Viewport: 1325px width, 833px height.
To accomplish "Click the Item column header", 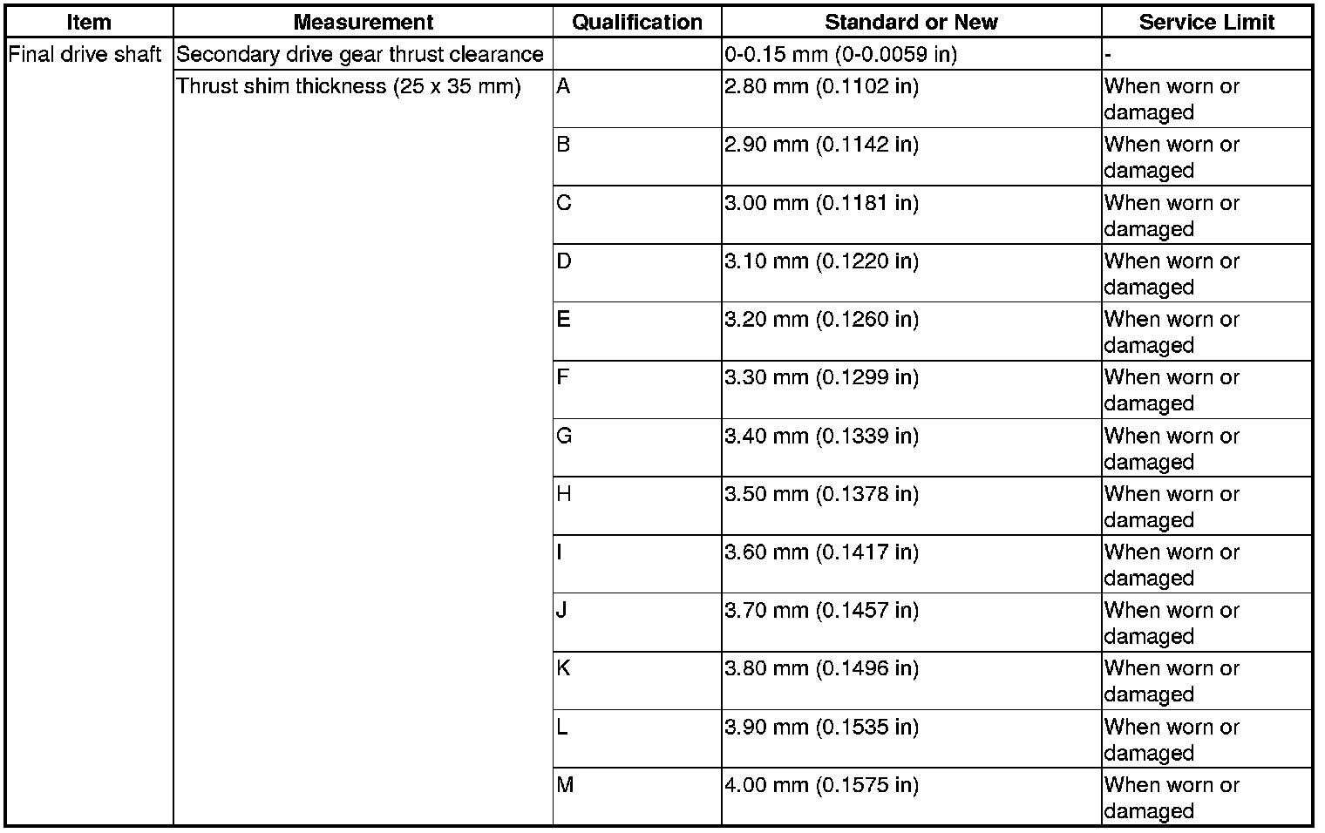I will (x=88, y=23).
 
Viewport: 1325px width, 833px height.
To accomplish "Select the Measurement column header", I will (x=363, y=23).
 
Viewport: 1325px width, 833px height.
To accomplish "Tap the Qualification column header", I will (x=636, y=23).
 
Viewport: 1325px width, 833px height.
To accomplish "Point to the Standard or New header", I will (x=911, y=23).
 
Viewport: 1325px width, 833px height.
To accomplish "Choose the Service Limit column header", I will (x=1206, y=23).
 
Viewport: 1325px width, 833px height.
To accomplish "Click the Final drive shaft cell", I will (x=85, y=55).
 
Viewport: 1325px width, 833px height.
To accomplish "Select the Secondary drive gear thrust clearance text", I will (x=360, y=55).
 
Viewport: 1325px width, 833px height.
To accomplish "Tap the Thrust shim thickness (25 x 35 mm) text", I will (x=349, y=87).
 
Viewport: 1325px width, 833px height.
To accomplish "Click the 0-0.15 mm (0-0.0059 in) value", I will (x=840, y=55).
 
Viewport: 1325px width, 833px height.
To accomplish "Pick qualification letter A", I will (x=563, y=87).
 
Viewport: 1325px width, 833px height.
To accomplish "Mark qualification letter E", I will (x=563, y=320).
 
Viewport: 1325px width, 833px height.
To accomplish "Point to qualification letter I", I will (x=559, y=552).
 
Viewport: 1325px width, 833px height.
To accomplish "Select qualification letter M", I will (x=565, y=785).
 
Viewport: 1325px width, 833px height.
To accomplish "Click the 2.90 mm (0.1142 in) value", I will (x=821, y=145).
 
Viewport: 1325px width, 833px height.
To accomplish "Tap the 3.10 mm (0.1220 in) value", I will (x=821, y=261).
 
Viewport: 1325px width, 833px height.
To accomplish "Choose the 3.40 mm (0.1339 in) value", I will (x=821, y=436).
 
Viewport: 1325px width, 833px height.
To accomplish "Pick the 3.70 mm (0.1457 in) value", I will (x=821, y=611).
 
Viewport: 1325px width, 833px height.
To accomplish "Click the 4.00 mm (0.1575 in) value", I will (x=821, y=785).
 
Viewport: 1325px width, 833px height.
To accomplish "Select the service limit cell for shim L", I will (x=1171, y=740).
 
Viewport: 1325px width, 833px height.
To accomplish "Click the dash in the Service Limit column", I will (x=1107, y=56).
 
